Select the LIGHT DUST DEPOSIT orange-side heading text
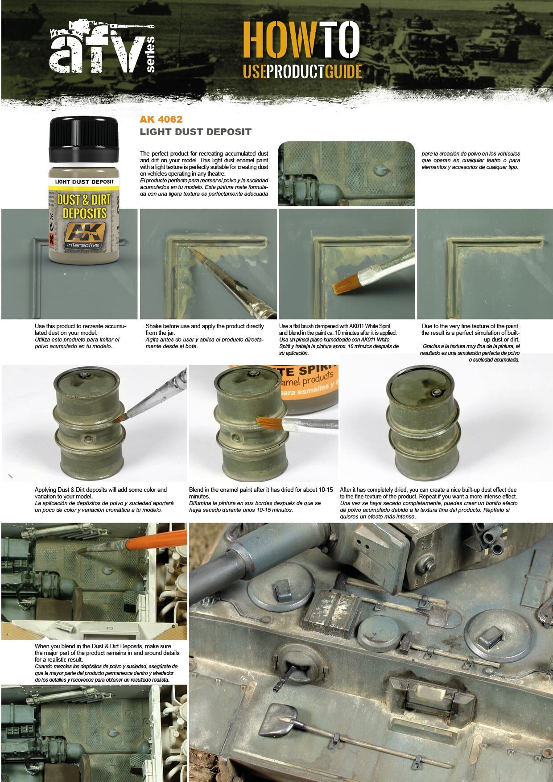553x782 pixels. pos(195,132)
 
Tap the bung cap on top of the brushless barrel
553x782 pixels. pos(435,392)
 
